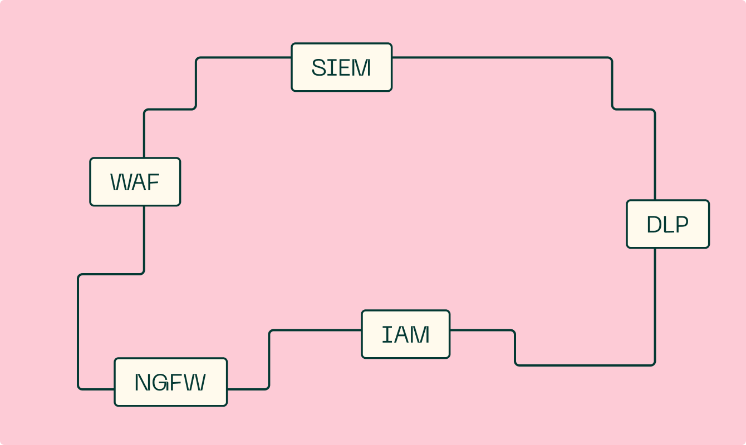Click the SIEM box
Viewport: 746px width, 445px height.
pos(341,67)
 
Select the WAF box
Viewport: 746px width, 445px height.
pos(135,182)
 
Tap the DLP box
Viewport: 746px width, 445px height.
pos(668,224)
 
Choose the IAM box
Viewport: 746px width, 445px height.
pos(405,334)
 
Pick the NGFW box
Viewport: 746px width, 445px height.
pos(170,382)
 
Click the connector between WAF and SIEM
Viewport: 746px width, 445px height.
pos(196,83)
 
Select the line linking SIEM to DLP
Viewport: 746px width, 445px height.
pos(501,57)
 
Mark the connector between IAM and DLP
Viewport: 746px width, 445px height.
pos(585,365)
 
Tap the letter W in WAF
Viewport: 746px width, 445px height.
pos(120,182)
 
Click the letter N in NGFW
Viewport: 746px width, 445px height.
pos(143,383)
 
